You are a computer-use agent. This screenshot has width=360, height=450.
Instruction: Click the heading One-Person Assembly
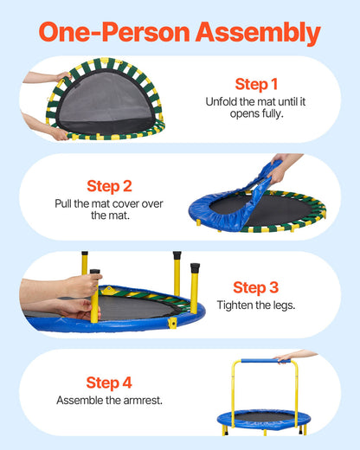pyautogui.click(x=180, y=32)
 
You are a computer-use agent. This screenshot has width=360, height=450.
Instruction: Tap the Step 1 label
pyautogui.click(x=256, y=84)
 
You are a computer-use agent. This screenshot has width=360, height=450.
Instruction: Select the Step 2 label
pyautogui.click(x=109, y=185)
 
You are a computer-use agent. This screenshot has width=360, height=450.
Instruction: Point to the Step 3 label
pyautogui.click(x=254, y=287)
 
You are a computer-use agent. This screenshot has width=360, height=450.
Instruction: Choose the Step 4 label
pyautogui.click(x=108, y=382)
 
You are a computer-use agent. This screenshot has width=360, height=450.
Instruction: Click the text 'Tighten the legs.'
pyautogui.click(x=255, y=306)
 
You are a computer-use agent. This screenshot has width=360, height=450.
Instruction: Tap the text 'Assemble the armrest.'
pyautogui.click(x=109, y=401)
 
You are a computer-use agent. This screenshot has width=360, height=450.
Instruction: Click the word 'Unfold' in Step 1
pyautogui.click(x=221, y=101)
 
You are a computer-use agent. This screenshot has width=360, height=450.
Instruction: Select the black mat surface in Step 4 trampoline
pyautogui.click(x=260, y=417)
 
